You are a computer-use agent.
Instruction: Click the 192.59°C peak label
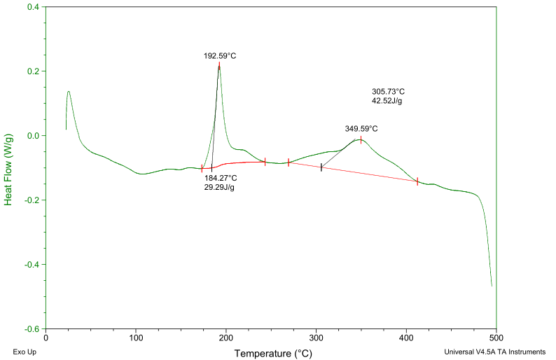click(220, 55)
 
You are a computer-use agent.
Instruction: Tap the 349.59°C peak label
click(361, 129)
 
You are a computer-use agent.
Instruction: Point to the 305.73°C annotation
click(388, 92)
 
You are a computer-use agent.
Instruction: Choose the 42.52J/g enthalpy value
click(387, 101)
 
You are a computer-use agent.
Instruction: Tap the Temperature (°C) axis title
click(273, 354)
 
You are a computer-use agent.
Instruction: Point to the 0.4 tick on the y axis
click(32, 7)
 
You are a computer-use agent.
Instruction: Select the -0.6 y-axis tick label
click(31, 328)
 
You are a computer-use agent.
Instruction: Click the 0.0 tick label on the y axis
click(32, 135)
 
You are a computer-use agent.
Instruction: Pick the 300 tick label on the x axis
click(317, 338)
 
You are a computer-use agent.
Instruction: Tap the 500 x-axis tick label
click(496, 338)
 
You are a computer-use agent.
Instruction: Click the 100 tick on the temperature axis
click(136, 338)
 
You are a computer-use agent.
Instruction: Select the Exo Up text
click(25, 352)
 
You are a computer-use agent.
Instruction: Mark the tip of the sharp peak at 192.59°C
click(219, 64)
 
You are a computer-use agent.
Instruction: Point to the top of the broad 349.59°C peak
click(361, 139)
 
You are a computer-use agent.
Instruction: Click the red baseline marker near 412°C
click(417, 181)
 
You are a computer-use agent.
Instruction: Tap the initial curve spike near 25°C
click(69, 91)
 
